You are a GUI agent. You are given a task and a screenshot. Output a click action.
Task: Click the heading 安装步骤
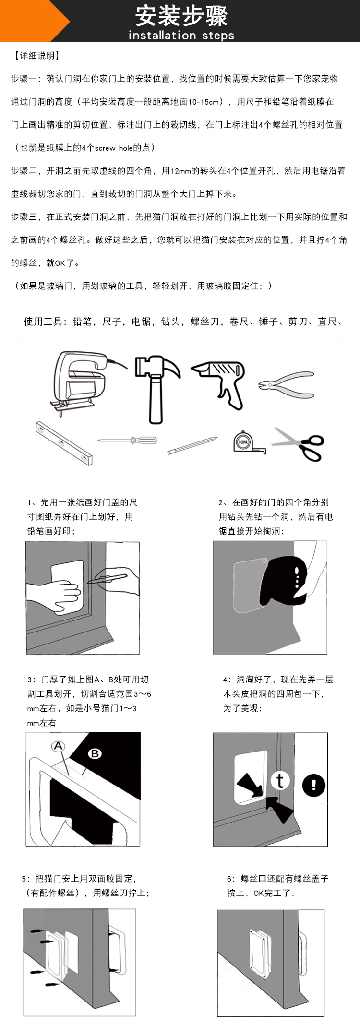click(181, 16)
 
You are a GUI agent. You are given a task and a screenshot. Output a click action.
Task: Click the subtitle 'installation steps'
click(181, 36)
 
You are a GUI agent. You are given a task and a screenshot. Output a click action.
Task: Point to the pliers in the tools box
click(287, 384)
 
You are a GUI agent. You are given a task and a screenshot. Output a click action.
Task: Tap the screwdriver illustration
click(128, 440)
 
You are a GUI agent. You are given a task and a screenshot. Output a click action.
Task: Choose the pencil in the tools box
click(192, 445)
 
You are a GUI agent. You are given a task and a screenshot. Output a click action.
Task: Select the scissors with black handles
click(299, 444)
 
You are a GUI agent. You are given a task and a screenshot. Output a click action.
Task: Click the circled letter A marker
click(58, 746)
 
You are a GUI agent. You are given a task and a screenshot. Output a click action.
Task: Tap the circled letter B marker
click(95, 753)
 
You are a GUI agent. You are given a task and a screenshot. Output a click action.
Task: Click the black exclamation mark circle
click(314, 785)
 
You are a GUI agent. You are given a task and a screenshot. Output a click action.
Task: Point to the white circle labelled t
click(280, 780)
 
